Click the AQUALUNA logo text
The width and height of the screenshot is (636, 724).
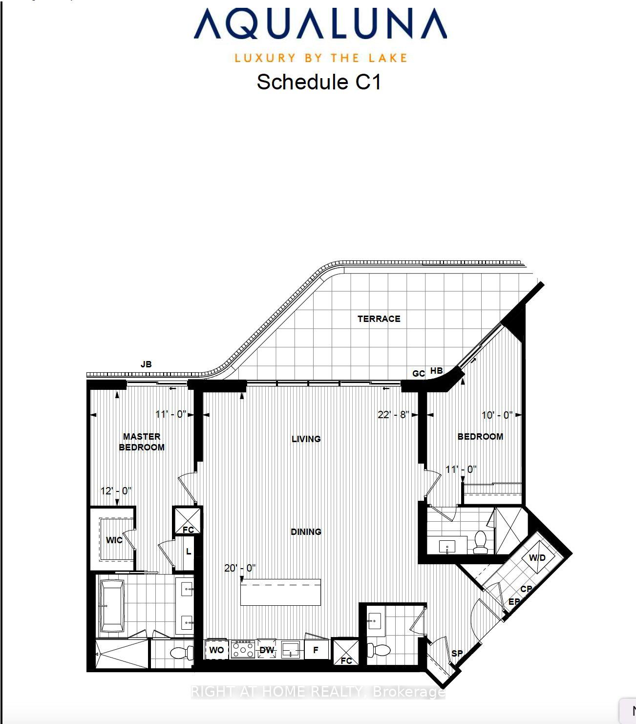click(x=320, y=24)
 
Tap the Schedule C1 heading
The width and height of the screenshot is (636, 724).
click(x=318, y=82)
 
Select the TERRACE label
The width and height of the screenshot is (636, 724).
click(x=379, y=319)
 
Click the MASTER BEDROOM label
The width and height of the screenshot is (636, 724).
click(x=142, y=442)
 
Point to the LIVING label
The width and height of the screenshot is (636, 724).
click(x=306, y=439)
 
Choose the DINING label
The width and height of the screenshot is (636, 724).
click(x=306, y=532)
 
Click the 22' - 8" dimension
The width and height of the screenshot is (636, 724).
click(x=393, y=415)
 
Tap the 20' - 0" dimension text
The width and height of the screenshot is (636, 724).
click(x=240, y=568)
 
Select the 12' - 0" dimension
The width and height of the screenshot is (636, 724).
click(x=116, y=490)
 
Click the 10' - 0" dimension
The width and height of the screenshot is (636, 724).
click(x=497, y=415)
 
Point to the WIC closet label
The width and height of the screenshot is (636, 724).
click(x=114, y=540)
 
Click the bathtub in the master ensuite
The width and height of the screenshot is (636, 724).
click(x=112, y=606)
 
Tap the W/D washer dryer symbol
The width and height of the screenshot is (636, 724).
click(x=537, y=557)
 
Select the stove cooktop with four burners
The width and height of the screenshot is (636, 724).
click(x=243, y=650)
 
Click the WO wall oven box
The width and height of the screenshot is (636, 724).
click(x=216, y=650)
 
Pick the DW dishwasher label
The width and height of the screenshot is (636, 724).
click(x=267, y=650)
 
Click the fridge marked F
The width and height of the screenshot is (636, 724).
click(x=316, y=650)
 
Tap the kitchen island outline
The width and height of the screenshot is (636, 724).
click(x=280, y=592)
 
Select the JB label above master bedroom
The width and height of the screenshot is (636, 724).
click(x=146, y=364)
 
